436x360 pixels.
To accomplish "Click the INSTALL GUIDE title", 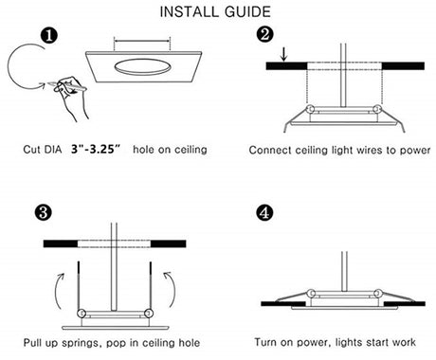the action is [x=215, y=12].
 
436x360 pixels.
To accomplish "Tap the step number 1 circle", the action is [x=49, y=36].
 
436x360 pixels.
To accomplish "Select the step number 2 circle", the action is [x=264, y=34].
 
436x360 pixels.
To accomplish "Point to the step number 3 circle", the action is [x=44, y=212].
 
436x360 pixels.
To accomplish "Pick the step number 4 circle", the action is [x=264, y=212].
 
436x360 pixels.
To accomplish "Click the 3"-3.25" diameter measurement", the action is [x=96, y=149].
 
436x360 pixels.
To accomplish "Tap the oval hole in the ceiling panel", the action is [x=142, y=66].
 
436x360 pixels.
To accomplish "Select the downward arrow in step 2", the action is [x=284, y=54].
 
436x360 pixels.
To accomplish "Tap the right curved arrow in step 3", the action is [x=171, y=289].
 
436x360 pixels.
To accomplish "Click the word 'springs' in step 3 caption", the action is [x=81, y=343].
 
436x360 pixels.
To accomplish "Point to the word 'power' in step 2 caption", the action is [x=415, y=151].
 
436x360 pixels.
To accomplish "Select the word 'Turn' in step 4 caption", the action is [x=264, y=342].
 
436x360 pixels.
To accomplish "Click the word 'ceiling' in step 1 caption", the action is [x=191, y=150].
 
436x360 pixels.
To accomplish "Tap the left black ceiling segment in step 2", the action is [x=286, y=66].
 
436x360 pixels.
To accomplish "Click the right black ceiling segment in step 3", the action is [x=169, y=243].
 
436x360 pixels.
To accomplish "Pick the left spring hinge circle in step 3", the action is [x=82, y=314].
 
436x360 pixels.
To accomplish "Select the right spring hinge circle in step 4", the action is [x=378, y=294].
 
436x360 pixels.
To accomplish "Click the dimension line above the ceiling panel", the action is [x=142, y=41].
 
